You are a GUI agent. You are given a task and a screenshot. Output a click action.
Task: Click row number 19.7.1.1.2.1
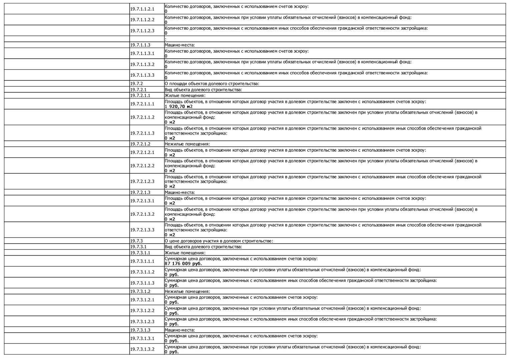pyautogui.click(x=142, y=9)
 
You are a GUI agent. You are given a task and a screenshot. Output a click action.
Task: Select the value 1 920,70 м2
pyautogui.click(x=178, y=107)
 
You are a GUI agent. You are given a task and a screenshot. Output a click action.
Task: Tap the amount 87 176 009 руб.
pyautogui.click(x=183, y=264)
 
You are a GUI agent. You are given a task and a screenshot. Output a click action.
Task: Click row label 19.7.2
pyautogui.click(x=136, y=84)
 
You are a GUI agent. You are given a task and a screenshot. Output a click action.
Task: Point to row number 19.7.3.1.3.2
pyautogui.click(x=142, y=349)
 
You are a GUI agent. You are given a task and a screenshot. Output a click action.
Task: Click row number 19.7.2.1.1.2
pyautogui.click(x=142, y=117)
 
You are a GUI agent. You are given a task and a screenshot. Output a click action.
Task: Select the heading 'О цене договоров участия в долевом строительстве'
pyautogui.click(x=219, y=241)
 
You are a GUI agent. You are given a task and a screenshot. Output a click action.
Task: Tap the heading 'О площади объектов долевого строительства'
pyautogui.click(x=212, y=84)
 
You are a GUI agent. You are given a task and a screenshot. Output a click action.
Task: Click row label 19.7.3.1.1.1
pyautogui.click(x=142, y=261)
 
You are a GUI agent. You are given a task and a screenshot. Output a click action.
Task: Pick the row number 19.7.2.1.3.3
pyautogui.click(x=142, y=230)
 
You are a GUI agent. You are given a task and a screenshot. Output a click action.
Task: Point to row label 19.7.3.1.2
pyautogui.click(x=140, y=291)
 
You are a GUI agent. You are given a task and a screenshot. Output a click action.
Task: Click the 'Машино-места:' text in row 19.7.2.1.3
pyautogui.click(x=179, y=193)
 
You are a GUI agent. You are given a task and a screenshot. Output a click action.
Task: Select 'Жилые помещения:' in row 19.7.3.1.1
pyautogui.click(x=185, y=253)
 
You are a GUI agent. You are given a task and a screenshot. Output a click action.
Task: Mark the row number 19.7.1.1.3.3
pyautogui.click(x=142, y=75)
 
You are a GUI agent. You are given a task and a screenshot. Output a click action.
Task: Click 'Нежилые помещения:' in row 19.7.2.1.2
pyautogui.click(x=187, y=144)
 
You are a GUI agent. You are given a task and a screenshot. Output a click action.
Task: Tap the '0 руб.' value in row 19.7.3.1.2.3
pyautogui.click(x=171, y=324)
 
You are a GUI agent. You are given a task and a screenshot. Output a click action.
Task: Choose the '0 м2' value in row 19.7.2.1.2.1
pyautogui.click(x=170, y=155)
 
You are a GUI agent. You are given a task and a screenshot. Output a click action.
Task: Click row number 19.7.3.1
pyautogui.click(x=138, y=247)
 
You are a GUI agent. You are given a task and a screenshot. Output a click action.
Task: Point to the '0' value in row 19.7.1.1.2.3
pyautogui.click(x=166, y=33)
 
